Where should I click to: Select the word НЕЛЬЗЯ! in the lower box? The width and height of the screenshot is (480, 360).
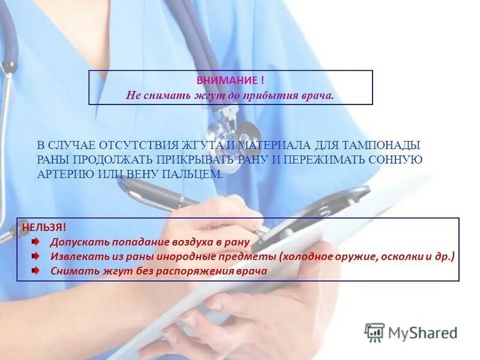coord(44,227)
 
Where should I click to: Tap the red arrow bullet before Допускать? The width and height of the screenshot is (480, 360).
coord(37,242)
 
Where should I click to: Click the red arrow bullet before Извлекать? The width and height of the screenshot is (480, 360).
coord(37,256)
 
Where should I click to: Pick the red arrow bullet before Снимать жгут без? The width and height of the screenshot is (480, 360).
coord(37,271)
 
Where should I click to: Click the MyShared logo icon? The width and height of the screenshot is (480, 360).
coord(374,332)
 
